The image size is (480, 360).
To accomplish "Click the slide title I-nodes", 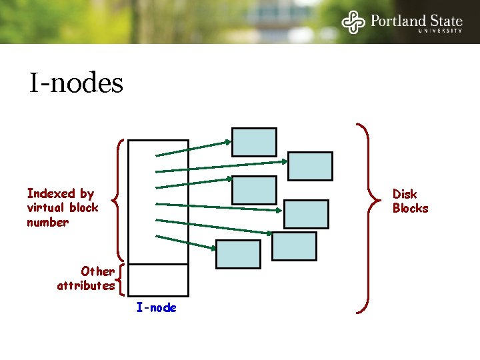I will click(x=76, y=83).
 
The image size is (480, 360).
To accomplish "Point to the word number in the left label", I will click(x=47, y=222).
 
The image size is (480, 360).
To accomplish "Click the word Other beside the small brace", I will click(x=97, y=271).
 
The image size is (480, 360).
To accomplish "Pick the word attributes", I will click(x=85, y=285).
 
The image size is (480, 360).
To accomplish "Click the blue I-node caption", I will click(x=156, y=307).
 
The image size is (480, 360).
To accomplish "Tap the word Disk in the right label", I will click(x=404, y=194).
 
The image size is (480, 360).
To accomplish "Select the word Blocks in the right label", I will click(x=410, y=208).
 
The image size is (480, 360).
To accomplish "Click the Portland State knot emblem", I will click(x=353, y=22).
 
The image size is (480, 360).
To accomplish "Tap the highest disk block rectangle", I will click(x=254, y=142).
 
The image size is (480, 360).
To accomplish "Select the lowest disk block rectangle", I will click(x=238, y=254).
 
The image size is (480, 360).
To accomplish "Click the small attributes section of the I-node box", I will click(x=158, y=279).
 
